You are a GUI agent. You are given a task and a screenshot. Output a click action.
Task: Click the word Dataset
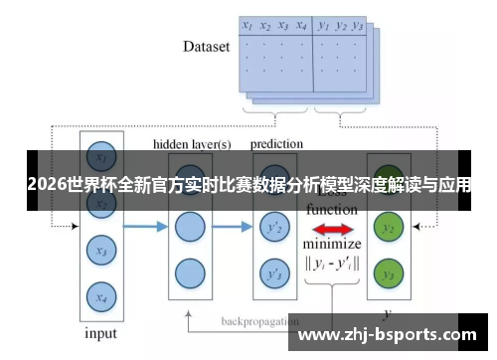[x=207, y=47]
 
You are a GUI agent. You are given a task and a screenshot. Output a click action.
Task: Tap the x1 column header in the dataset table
[x=248, y=25]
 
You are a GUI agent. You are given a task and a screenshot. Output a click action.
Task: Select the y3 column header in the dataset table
[x=359, y=26]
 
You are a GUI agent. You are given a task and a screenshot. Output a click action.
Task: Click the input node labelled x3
[x=99, y=251]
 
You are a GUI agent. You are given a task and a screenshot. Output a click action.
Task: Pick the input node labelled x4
[x=99, y=295]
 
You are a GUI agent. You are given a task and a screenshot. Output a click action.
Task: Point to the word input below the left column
[x=100, y=333]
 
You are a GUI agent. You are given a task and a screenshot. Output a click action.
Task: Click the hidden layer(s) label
[x=192, y=144]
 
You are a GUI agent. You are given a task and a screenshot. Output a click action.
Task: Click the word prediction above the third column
[x=276, y=144]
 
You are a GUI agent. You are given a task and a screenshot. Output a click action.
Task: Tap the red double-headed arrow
[x=332, y=228]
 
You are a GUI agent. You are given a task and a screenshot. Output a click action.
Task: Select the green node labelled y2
[x=389, y=229]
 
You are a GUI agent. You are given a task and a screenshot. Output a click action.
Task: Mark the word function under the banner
[x=332, y=210]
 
